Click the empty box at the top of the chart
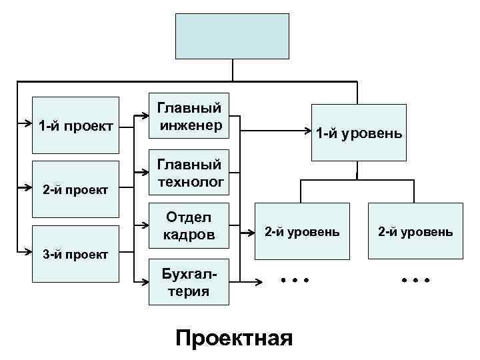pyautogui.click(x=231, y=36)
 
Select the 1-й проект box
pyautogui.click(x=75, y=125)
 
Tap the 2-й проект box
pyautogui.click(x=75, y=189)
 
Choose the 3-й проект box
pyautogui.click(x=75, y=253)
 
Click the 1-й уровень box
pyautogui.click(x=359, y=133)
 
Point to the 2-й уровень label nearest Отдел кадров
pyautogui.click(x=302, y=232)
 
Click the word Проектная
pyautogui.click(x=233, y=337)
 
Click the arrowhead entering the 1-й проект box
pyautogui.click(x=29, y=123)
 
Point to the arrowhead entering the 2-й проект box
pyautogui.click(x=29, y=188)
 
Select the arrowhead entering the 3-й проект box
pyautogui.click(x=29, y=253)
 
